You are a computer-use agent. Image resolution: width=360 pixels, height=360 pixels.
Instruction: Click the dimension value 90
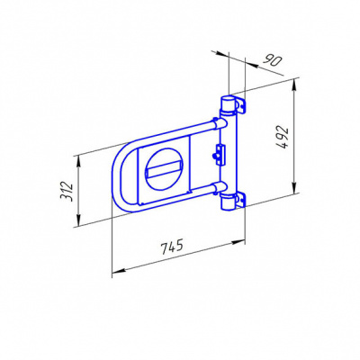coord(272,61)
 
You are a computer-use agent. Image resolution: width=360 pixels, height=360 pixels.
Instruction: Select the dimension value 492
coord(283,138)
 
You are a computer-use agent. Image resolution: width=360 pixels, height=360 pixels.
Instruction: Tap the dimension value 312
coord(67,192)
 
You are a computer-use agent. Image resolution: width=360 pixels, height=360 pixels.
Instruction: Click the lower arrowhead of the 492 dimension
coord(294,187)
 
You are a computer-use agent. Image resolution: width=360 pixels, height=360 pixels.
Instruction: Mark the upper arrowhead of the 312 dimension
coord(78,162)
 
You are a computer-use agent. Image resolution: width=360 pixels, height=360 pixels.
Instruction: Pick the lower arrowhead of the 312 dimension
coord(78,220)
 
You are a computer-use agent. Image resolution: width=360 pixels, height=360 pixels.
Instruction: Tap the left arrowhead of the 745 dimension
coord(118,271)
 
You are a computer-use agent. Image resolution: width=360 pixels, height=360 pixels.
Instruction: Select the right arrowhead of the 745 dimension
coord(238,242)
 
